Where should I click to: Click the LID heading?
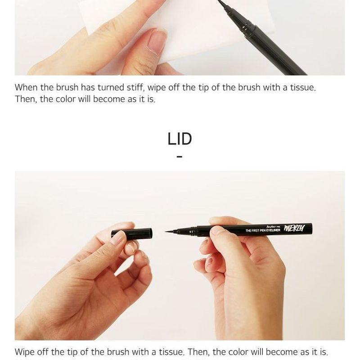180,139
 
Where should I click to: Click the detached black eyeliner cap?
132,233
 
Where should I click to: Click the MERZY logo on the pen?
295,229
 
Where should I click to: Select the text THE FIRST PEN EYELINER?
263,230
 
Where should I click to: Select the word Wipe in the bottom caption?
25,352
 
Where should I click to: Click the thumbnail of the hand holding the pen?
217,230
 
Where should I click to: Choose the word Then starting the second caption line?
26,99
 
